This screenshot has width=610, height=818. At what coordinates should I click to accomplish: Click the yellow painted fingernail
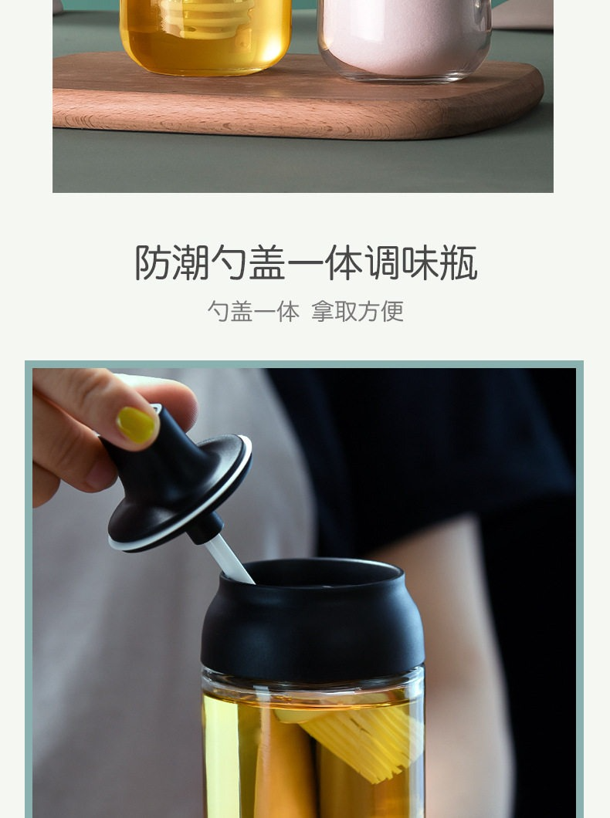(x=137, y=424)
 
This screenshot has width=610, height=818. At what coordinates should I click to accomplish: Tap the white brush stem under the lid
(x=229, y=559)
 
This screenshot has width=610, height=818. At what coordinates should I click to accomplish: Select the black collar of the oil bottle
(x=312, y=620)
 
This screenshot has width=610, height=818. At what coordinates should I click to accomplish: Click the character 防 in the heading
(x=154, y=263)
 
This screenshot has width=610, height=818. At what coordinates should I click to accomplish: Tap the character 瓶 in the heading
(x=459, y=263)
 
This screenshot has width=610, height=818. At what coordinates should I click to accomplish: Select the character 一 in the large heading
(x=306, y=263)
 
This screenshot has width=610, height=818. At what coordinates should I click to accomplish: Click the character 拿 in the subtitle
(x=323, y=312)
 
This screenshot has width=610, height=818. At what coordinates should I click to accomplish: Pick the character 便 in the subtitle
(x=392, y=312)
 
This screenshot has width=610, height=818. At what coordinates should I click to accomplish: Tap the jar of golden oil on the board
(x=205, y=36)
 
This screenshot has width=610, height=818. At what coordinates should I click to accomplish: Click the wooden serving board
(x=297, y=99)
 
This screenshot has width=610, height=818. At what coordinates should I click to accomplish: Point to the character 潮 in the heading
(x=191, y=263)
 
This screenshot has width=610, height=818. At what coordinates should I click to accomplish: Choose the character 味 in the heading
(x=421, y=263)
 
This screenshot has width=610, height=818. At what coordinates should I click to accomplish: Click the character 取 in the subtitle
(x=346, y=312)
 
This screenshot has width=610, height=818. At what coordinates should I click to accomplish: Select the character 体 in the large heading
(x=344, y=263)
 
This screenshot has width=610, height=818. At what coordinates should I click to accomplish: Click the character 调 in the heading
(x=382, y=263)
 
